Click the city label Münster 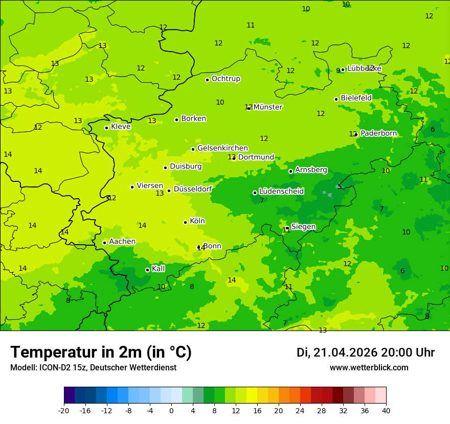tap(267, 107)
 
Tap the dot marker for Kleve tap(106, 128)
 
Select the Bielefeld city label tap(356, 98)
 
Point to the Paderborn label tap(378, 133)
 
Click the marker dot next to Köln tap(185, 222)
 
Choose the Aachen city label tap(122, 242)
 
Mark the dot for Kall tap(147, 270)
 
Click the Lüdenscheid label tap(281, 192)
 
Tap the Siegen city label tap(303, 227)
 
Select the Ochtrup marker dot tap(207, 80)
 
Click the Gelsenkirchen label tap(222, 148)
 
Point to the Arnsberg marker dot tap(290, 171)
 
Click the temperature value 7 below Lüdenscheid tap(262, 201)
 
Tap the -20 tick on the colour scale tap(64, 411)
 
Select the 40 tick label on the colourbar tap(386, 411)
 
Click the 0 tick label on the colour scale tap(171, 411)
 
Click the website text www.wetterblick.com tap(369, 368)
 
